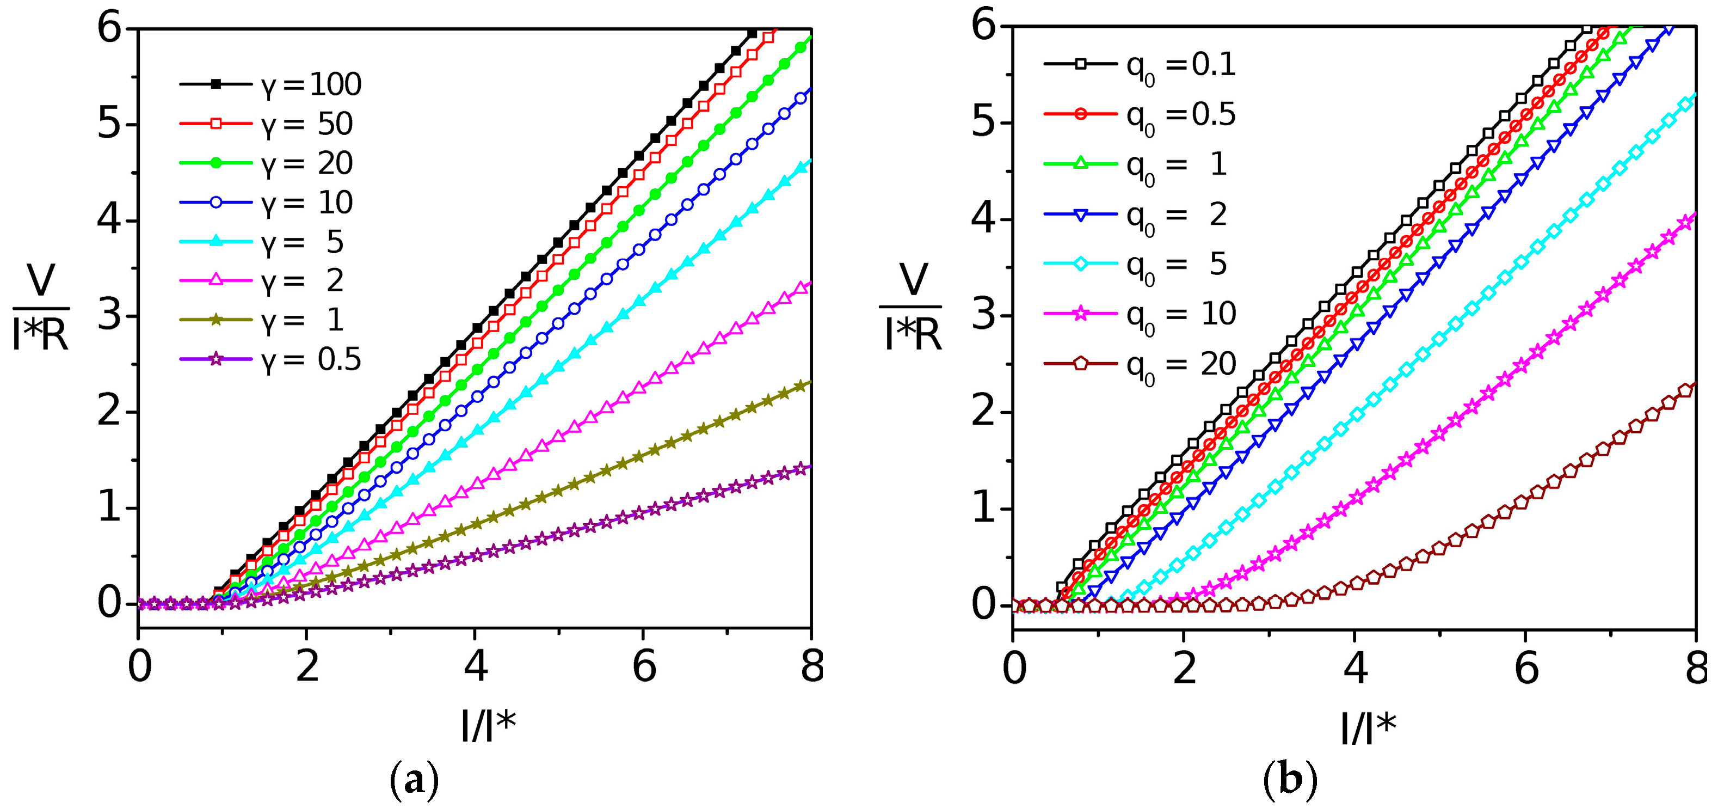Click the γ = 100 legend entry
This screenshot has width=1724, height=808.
(271, 84)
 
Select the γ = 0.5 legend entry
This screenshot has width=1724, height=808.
(271, 360)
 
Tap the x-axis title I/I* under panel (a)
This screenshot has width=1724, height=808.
(489, 726)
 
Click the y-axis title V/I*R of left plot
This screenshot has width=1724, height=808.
(40, 308)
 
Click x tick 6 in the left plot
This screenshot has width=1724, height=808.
(644, 668)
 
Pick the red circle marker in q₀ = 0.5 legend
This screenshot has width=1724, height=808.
(1080, 114)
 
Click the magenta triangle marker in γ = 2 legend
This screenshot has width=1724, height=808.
(215, 281)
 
